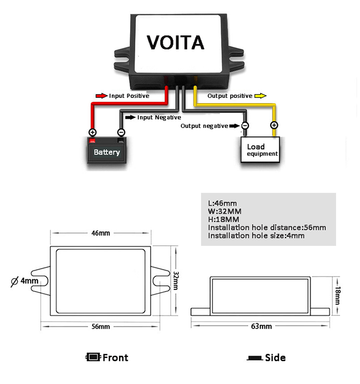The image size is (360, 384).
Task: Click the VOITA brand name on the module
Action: (175, 42)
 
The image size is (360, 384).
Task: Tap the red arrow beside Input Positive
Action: (102, 96)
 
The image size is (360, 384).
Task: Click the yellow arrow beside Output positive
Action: (260, 96)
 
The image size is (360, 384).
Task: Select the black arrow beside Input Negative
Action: (130, 117)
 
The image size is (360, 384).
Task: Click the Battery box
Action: (107, 152)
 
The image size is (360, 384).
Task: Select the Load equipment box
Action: (260, 150)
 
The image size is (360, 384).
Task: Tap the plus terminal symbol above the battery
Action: (92, 132)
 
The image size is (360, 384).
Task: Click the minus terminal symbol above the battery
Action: (121, 132)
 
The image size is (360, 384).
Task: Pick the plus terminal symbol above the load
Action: (274, 125)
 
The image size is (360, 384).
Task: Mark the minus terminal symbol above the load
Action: (245, 126)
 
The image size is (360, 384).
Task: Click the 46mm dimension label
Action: (101, 233)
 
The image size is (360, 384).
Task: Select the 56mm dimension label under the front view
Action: (101, 326)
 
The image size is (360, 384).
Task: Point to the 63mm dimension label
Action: (262, 326)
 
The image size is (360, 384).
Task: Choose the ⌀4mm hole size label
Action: (24, 281)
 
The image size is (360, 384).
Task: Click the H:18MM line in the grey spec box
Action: (224, 219)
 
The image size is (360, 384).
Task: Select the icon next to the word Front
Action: (93, 357)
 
